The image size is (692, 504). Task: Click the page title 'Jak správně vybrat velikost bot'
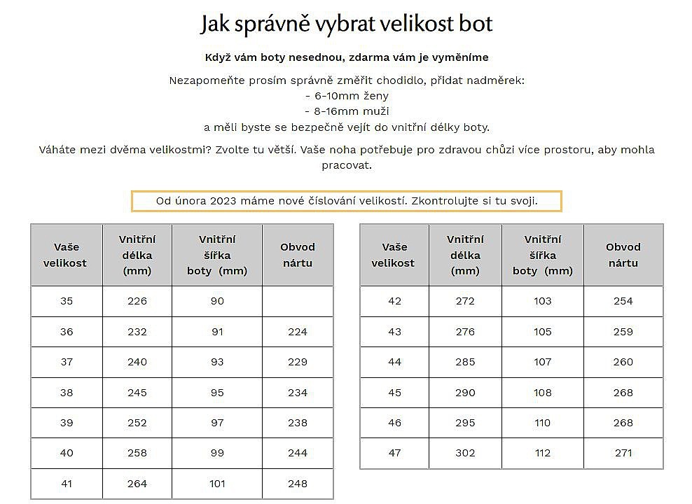point(346,24)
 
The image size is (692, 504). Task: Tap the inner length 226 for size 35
point(137,301)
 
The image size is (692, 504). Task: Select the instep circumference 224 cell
point(298,332)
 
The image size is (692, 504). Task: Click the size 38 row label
point(67,393)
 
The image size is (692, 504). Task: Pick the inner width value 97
point(217,423)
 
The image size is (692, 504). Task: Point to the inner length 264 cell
point(137,484)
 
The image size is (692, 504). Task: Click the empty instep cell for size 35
point(298,301)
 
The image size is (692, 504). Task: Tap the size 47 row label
point(394,453)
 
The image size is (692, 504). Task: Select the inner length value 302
point(465,453)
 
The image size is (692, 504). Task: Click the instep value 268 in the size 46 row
point(623,423)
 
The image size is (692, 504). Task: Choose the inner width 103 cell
point(542,301)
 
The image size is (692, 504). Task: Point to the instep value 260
point(623,362)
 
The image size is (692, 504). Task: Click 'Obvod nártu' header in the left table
point(298,255)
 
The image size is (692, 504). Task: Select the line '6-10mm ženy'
point(347,96)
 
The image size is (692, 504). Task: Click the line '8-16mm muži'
point(347,111)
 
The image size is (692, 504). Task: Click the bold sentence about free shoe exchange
point(346,57)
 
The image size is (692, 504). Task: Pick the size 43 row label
point(394,332)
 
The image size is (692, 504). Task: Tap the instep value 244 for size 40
point(298,453)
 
